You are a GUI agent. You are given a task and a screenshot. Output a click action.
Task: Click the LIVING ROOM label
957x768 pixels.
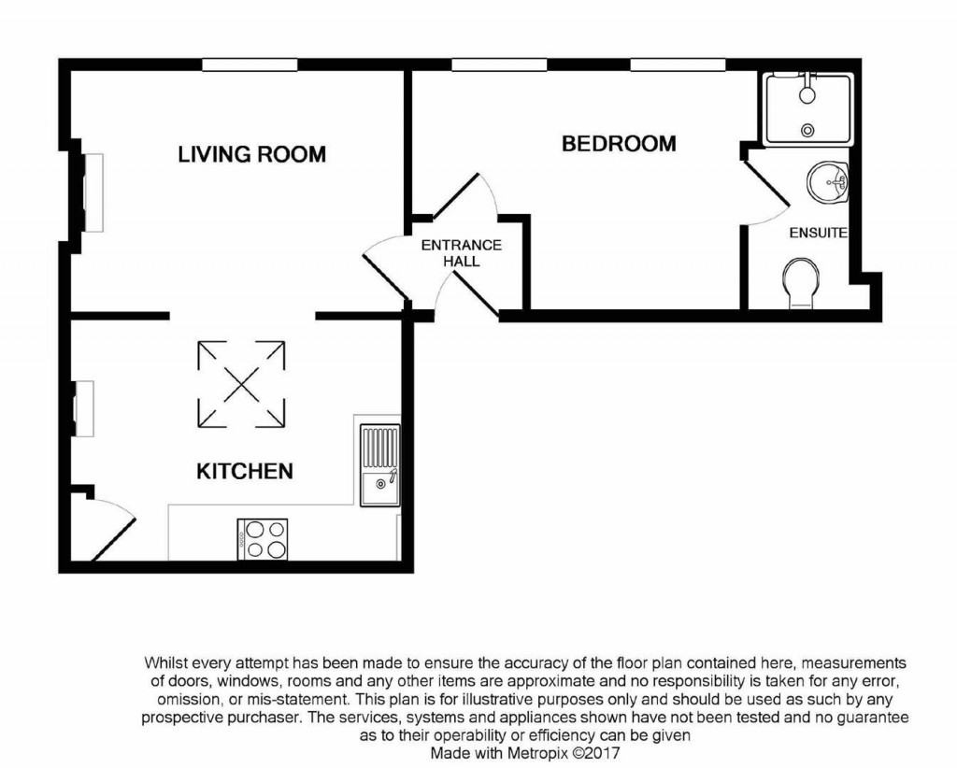[251, 154]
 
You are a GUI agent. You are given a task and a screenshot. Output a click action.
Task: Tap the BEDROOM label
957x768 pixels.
[618, 144]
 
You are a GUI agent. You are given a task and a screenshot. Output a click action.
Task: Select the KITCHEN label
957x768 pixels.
[244, 471]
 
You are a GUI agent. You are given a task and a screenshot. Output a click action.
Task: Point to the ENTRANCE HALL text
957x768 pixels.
[462, 253]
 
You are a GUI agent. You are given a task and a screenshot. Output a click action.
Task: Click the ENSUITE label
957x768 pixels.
[818, 233]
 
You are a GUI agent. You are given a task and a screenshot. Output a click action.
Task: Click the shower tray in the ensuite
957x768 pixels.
[808, 109]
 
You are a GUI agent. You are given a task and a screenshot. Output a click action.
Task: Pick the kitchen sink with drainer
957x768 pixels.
[379, 464]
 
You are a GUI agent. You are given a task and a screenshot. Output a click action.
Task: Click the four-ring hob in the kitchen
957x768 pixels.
[263, 538]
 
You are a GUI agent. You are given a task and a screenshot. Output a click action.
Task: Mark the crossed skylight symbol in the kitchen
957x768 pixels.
[241, 383]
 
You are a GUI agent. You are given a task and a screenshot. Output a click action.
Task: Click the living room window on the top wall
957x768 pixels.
[250, 64]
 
